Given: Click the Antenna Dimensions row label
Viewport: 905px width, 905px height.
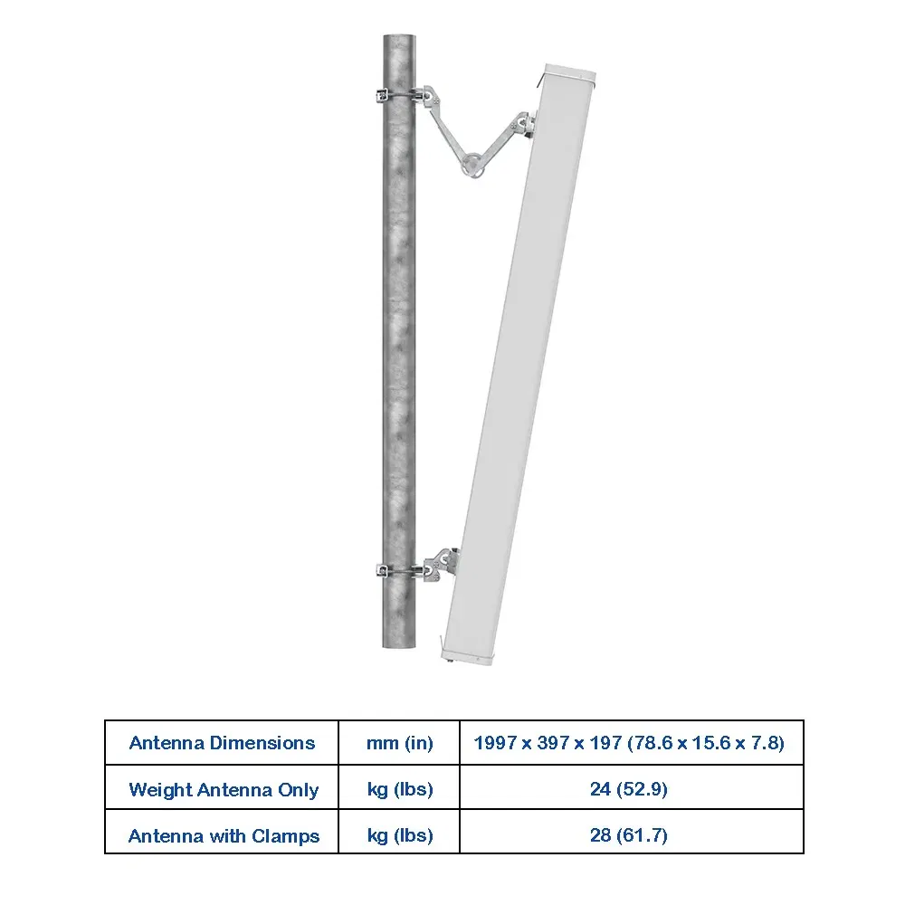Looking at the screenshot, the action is click(223, 743).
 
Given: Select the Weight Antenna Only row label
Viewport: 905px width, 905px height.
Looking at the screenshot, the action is click(224, 789).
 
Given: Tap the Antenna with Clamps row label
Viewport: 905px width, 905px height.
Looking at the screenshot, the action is click(224, 835).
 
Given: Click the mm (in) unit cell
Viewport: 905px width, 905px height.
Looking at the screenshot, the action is click(399, 743).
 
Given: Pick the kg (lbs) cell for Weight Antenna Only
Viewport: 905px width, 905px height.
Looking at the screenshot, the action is click(400, 789).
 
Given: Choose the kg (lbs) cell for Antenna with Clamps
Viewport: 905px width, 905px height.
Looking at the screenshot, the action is click(400, 835).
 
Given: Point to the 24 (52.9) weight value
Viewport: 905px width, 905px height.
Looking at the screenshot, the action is click(629, 789).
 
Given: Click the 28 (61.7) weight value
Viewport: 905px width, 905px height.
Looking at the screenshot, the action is click(629, 835).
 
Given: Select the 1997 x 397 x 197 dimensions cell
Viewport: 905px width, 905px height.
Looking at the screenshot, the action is click(629, 743).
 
